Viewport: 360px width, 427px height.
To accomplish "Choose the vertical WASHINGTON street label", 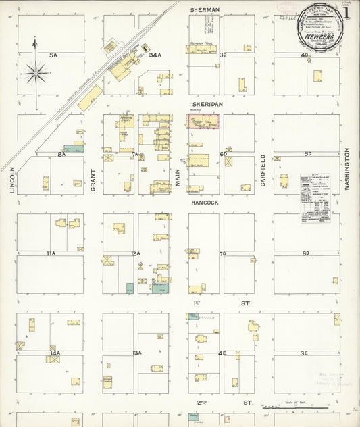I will (349, 169).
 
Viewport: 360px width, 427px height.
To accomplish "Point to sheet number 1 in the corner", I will (346, 12).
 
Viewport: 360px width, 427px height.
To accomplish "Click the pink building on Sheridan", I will (203, 122).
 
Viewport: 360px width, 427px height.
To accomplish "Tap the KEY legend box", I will (319, 197).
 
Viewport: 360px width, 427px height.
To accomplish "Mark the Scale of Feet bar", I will (297, 407).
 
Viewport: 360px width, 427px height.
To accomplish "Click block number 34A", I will (155, 55).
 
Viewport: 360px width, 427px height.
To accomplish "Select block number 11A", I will (50, 253).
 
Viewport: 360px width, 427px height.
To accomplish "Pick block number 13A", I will (136, 353).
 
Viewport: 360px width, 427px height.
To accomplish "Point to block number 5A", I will (53, 55).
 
